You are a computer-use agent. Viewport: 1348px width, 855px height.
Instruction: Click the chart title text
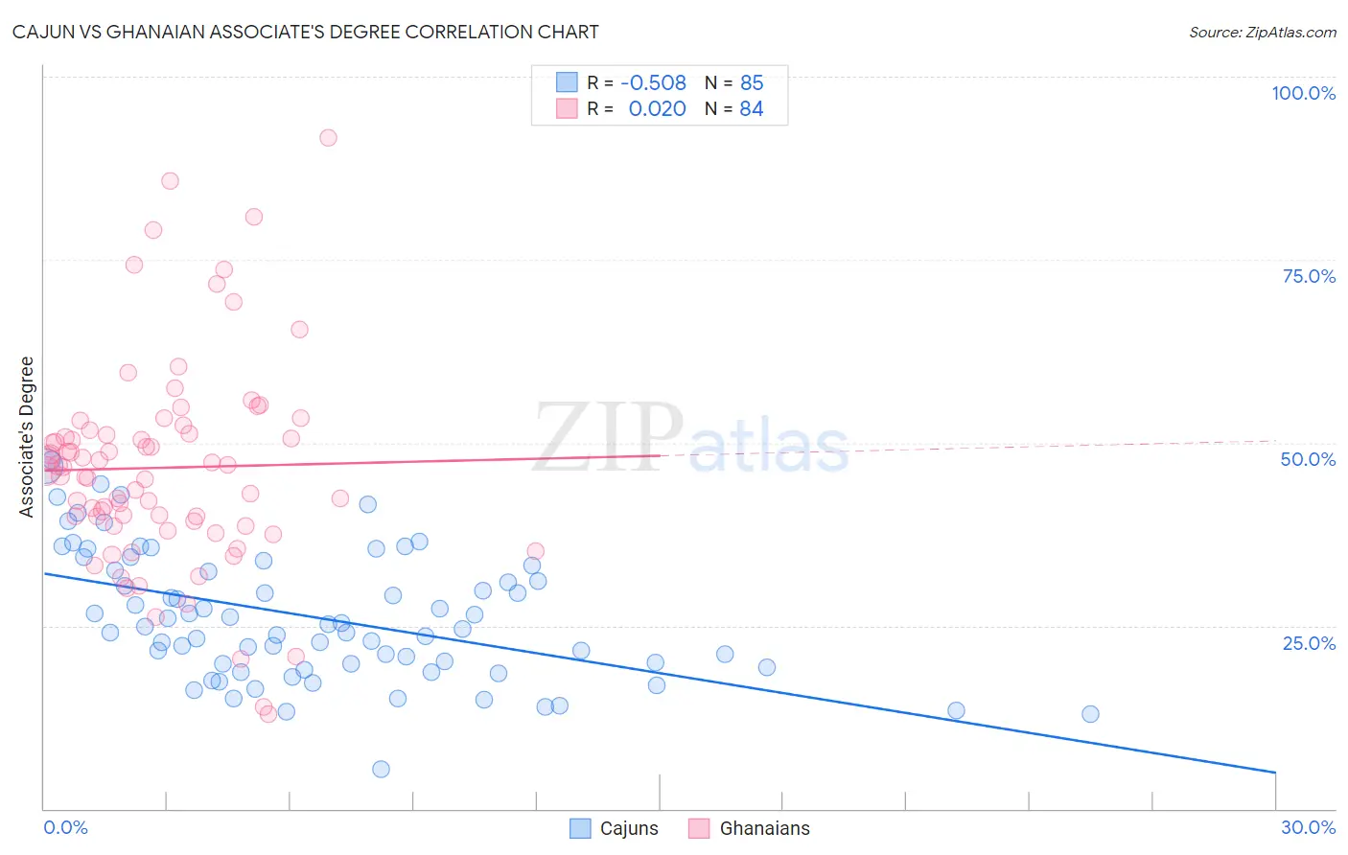tap(306, 33)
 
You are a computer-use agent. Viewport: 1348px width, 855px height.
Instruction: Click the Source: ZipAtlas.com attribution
tap(1262, 33)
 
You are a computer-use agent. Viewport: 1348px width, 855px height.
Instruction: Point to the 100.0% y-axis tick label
tap(1303, 93)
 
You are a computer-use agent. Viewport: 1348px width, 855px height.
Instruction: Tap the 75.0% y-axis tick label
tap(1309, 276)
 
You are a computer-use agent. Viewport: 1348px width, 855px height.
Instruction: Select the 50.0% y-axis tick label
tap(1308, 459)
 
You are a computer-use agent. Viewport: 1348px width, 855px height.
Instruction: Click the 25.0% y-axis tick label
tap(1309, 642)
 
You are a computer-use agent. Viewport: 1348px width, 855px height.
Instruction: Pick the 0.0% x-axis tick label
tap(65, 827)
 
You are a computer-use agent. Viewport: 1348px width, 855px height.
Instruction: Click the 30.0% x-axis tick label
tap(1308, 827)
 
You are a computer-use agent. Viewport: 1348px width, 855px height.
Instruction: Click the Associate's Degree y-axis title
tap(27, 436)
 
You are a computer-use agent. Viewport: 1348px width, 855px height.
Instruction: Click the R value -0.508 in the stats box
tap(654, 83)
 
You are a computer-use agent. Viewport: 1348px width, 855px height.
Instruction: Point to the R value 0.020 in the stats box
tap(657, 109)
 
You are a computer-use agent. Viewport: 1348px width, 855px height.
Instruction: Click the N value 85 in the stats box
tap(752, 83)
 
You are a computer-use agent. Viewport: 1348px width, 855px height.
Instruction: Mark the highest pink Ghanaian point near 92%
tap(328, 138)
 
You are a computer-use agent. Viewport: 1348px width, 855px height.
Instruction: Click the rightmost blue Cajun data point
tap(1090, 714)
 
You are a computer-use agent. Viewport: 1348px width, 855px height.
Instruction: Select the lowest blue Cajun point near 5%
tap(381, 769)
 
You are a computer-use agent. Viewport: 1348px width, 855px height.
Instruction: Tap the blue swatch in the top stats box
tap(567, 82)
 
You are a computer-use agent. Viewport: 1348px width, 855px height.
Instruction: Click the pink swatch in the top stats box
tap(567, 108)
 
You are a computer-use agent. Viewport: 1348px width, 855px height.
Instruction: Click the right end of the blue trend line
tap(1275, 772)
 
